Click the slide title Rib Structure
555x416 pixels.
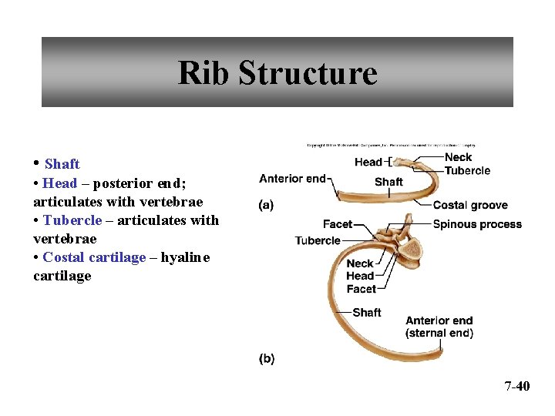[277, 73]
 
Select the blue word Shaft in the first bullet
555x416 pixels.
[62, 164]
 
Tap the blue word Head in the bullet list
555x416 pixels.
[60, 183]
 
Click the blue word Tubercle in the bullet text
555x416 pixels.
[72, 220]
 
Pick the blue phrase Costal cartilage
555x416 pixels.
[94, 257]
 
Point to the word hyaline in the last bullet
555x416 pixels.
[185, 257]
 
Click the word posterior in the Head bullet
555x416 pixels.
[122, 183]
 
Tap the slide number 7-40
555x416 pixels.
[517, 386]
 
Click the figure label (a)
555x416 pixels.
[267, 205]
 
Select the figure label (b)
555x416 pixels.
[267, 358]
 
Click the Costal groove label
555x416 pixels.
[469, 205]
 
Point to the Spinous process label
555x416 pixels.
[476, 224]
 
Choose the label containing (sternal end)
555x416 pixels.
[439, 333]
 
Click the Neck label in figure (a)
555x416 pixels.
[458, 157]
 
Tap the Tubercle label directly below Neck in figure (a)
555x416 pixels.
[467, 170]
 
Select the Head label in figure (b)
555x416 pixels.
[360, 276]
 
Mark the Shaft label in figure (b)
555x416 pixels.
[367, 312]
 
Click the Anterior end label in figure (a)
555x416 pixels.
[292, 179]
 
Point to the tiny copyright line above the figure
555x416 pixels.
[391, 144]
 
